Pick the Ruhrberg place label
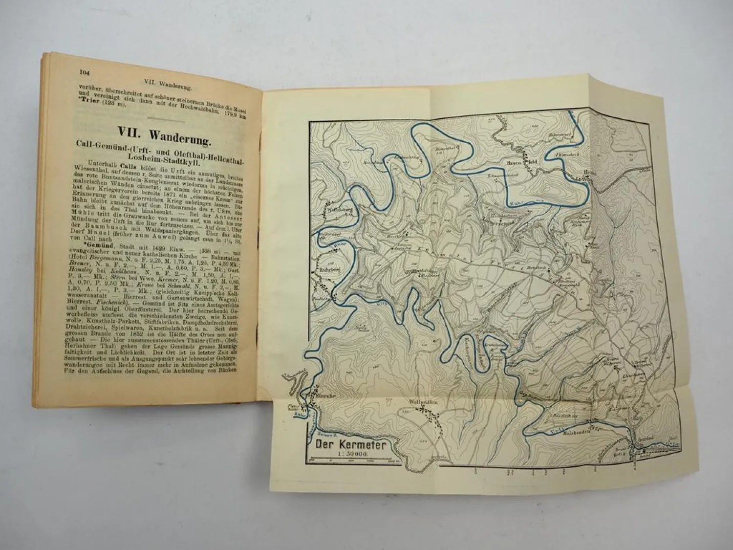[x=325, y=267]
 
